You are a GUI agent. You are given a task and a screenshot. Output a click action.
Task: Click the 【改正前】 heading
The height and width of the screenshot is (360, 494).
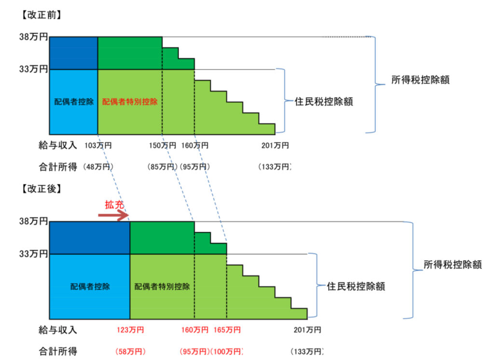pos(41,15)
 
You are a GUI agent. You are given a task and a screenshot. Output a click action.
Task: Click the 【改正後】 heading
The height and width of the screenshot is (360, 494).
pos(41,189)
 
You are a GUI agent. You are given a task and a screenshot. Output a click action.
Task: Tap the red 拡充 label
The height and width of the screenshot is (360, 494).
pos(114,205)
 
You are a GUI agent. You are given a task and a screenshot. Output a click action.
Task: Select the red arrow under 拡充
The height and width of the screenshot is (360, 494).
pos(113,216)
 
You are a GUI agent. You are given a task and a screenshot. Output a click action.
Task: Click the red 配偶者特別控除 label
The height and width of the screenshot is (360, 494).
pos(130,102)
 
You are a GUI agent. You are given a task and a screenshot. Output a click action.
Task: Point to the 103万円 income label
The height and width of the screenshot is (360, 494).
pos(98,145)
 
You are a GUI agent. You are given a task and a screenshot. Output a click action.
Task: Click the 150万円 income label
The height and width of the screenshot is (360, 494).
pos(163,145)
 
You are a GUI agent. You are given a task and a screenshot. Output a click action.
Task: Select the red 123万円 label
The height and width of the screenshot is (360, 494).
pos(130,330)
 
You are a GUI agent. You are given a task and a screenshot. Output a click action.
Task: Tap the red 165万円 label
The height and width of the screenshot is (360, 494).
pos(227,330)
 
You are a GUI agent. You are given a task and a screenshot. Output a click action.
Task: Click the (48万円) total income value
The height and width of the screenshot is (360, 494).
pos(98,167)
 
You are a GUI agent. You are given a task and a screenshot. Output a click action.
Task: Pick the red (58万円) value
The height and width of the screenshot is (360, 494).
pos(130,351)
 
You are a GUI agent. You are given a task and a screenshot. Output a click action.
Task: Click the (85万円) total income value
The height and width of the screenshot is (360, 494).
pos(163,167)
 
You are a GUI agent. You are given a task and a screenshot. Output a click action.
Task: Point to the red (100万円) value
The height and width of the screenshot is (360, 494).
pos(227,351)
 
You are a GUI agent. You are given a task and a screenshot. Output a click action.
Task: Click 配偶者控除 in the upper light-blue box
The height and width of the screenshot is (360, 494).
pos(74,102)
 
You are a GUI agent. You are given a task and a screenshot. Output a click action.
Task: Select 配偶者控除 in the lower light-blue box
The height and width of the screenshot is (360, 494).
pos(90,286)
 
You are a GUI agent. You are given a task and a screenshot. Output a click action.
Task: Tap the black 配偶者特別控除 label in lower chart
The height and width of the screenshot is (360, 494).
pos(162,286)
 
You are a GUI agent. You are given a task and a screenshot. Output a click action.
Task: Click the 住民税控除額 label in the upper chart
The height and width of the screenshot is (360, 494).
pos(324,101)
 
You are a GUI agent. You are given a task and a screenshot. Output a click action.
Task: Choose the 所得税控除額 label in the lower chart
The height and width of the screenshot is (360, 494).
pos(453,264)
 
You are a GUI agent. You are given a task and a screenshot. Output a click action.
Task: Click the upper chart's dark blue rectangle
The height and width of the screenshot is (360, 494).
pos(74,53)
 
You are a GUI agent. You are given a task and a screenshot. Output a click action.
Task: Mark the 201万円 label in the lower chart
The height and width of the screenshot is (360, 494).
pos(307,330)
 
